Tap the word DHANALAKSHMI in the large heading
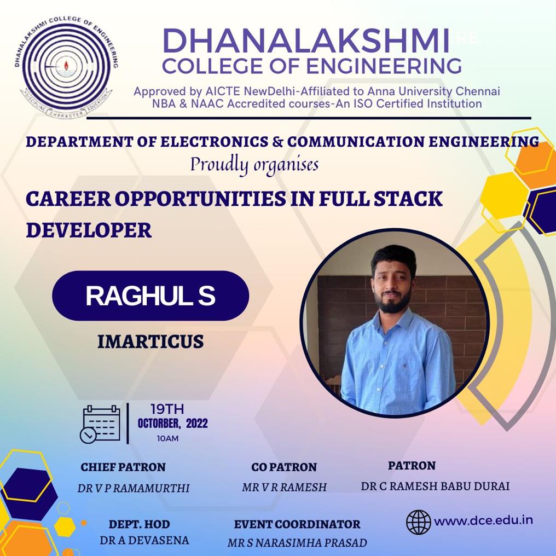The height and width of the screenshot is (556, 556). [x=306, y=41]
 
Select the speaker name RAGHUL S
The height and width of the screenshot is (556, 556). [x=150, y=296]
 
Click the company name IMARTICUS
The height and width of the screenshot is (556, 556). [x=150, y=341]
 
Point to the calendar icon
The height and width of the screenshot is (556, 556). [x=100, y=424]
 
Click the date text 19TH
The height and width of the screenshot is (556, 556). [x=167, y=409]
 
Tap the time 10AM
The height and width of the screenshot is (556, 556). [x=167, y=439]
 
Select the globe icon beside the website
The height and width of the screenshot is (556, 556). [x=419, y=522]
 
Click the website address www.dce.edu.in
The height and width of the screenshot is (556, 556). [x=483, y=520]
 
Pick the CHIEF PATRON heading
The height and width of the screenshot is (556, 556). [x=123, y=467]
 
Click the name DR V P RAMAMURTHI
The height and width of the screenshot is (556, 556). [x=134, y=488]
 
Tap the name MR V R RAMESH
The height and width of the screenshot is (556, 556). [x=284, y=487]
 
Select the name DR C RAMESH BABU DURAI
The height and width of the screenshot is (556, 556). [x=435, y=486]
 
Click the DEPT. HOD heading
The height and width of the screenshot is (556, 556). [x=140, y=524]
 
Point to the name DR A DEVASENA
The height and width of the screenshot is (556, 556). [x=144, y=540]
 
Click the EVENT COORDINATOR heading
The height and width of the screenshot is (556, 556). [x=297, y=524]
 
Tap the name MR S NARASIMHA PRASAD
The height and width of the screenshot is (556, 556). [x=297, y=543]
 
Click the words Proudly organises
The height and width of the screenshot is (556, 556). [x=254, y=165]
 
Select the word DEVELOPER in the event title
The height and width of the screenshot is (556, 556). [x=89, y=230]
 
